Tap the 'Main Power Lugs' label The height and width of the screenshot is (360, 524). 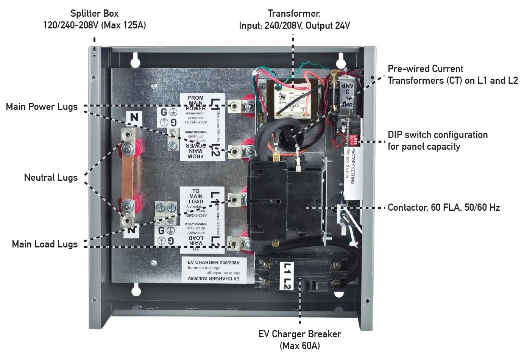[42, 107]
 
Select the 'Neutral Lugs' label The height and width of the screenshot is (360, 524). [51, 177]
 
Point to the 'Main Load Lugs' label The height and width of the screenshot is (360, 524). [45, 244]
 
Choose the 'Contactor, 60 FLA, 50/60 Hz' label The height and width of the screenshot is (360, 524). [443, 208]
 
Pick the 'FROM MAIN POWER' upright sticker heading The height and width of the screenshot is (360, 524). [195, 103]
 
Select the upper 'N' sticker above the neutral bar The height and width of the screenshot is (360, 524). [134, 117]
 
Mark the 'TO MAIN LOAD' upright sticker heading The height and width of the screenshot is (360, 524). [196, 196]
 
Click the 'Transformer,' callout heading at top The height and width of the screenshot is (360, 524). [294, 14]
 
